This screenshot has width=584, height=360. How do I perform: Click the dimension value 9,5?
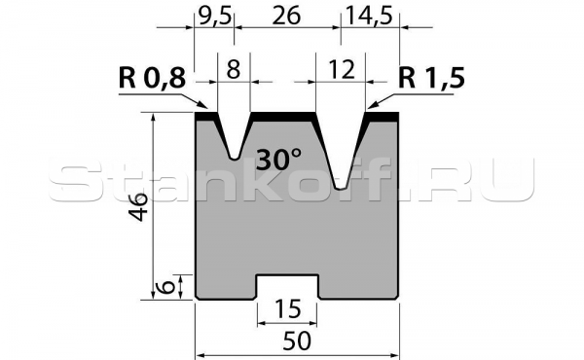click(x=213, y=15)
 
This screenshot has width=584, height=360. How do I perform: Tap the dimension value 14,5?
click(x=371, y=15)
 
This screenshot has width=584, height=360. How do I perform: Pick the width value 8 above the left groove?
click(x=234, y=70)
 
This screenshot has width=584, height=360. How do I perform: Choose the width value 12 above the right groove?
click(x=340, y=70)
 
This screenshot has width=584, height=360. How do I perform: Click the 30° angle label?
click(x=280, y=159)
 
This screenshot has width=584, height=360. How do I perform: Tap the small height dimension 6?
click(x=166, y=287)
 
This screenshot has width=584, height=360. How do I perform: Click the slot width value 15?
click(x=287, y=309)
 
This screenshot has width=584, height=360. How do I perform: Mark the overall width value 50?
click(x=296, y=342)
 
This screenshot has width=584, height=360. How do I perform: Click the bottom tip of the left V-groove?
click(x=234, y=156)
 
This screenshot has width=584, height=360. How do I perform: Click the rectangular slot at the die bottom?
click(x=287, y=288)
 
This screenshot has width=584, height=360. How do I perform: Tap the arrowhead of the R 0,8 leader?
click(x=207, y=108)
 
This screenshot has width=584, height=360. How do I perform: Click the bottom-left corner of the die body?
click(x=198, y=299)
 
